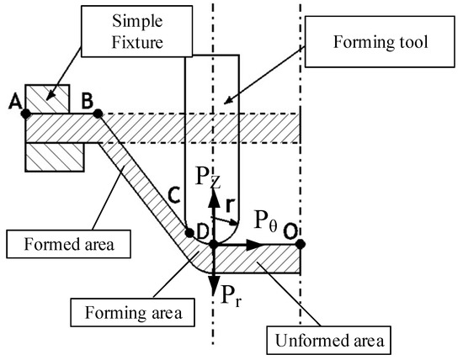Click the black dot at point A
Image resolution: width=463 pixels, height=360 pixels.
(26, 114)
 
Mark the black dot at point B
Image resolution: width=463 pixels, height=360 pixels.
(98, 114)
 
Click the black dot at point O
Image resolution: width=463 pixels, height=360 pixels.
(301, 245)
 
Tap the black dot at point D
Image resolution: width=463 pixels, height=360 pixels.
(214, 245)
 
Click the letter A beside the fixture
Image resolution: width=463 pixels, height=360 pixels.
(14, 100)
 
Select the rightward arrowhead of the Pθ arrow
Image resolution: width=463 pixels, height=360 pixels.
(255, 245)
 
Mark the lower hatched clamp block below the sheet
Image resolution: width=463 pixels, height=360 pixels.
(54, 156)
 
